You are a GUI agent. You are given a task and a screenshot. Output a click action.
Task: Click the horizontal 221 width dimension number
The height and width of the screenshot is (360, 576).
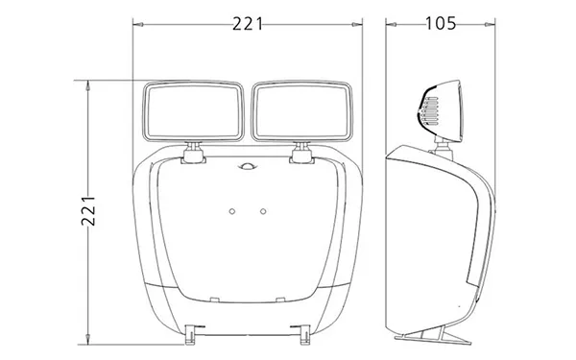(248, 24)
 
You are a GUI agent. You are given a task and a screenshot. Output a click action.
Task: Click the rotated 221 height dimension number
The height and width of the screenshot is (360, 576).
(88, 211)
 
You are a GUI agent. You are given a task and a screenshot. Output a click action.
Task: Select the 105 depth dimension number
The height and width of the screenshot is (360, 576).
(441, 23)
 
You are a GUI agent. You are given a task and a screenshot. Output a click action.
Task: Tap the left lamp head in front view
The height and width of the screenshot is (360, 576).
(193, 111)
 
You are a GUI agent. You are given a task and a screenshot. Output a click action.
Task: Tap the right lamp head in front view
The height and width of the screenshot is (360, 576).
(302, 111)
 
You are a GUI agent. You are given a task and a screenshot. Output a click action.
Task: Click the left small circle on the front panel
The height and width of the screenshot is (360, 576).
(231, 211)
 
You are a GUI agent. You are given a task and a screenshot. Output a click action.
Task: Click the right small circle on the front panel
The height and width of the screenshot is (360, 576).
(263, 211)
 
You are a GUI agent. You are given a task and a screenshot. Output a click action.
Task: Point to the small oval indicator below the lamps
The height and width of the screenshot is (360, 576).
(248, 167)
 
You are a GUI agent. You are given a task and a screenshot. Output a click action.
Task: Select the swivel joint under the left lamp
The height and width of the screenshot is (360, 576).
(193, 153)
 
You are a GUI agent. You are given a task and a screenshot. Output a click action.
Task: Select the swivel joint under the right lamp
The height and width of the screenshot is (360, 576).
(302, 153)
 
